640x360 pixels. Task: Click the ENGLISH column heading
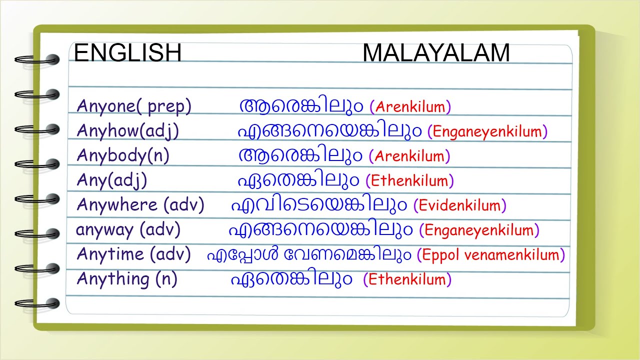point(127,52)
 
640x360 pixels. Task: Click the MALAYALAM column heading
point(436,53)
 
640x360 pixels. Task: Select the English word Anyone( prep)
point(133,106)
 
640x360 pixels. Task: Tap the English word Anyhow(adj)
point(127,131)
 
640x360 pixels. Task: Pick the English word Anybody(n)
point(123,156)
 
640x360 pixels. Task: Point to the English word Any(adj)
point(111,181)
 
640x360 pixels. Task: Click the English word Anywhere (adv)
point(140,205)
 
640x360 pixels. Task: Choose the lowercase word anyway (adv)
point(128,230)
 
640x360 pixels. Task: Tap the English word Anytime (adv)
point(133,254)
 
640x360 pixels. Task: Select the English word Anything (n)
point(127,279)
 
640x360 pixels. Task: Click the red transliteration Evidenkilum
point(459,205)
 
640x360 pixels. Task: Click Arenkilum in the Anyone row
point(410,107)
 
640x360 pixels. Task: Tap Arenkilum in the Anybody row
point(409,156)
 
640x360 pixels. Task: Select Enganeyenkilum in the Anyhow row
point(487,132)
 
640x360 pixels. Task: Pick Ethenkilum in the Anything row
point(407,279)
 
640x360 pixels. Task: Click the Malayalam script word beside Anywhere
point(319,205)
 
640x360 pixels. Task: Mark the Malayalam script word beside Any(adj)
point(298,180)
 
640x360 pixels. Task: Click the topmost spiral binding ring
point(37,59)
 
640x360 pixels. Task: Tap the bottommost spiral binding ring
point(37,303)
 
